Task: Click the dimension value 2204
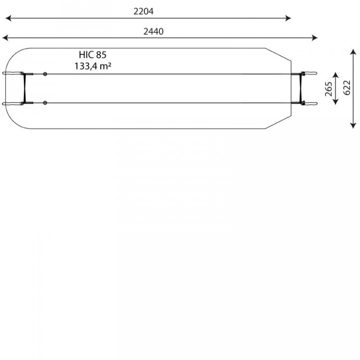coord(143,11)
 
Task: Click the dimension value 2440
coord(153,31)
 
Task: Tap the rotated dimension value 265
coord(329,89)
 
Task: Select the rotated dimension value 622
coord(347,88)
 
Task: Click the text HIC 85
coord(92,55)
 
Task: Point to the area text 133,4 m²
coord(93,66)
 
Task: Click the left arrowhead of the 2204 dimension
coord(8,18)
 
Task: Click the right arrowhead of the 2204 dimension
coord(288,18)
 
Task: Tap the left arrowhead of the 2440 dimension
coord(5,38)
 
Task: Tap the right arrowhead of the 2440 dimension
coord(315,38)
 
